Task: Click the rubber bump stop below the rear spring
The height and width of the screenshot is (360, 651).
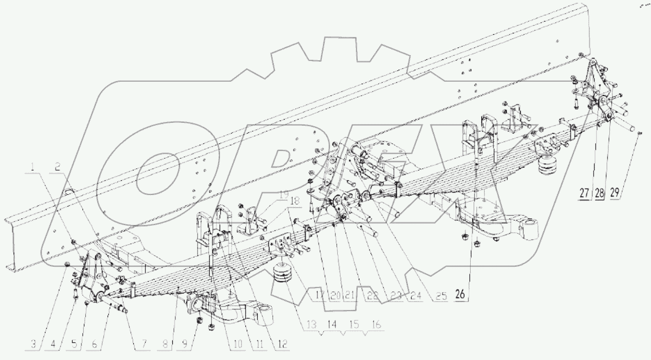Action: point(549,167)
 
